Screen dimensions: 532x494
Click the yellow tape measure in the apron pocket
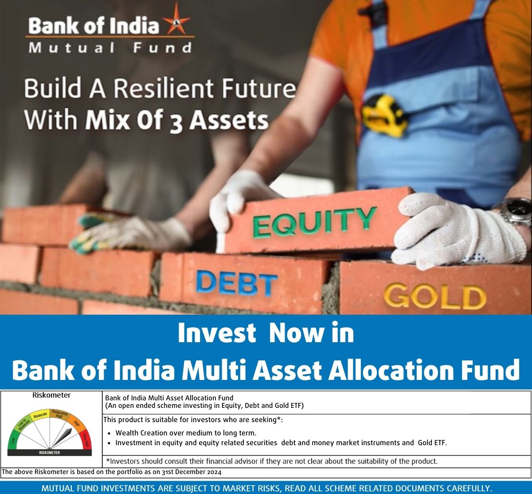point(384,116)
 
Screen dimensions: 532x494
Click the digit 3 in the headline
point(176,123)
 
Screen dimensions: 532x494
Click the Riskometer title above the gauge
point(51,395)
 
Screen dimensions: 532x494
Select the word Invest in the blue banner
point(217,333)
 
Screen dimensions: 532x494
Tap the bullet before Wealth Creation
point(109,433)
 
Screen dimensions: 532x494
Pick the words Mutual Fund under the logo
point(110,48)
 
